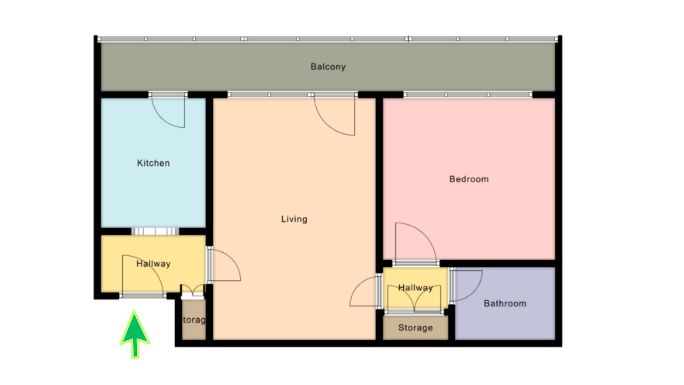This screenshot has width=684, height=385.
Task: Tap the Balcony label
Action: coord(328,67)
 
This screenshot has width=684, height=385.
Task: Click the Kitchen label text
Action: coord(153,163)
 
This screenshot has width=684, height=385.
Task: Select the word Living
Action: coord(294,219)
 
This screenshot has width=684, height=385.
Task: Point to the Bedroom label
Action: coord(469,179)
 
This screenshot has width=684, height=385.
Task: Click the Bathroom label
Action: coord(504,303)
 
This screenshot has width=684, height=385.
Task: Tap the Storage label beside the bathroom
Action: coord(415,328)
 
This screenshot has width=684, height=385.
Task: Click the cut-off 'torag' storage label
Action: coord(194,320)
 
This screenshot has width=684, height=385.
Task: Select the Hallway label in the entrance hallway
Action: coord(153,264)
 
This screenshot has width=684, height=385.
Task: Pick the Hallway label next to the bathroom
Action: coord(415,288)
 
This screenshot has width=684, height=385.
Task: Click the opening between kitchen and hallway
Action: coord(155,231)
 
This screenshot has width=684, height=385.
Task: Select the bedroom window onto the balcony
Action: coord(467,94)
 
